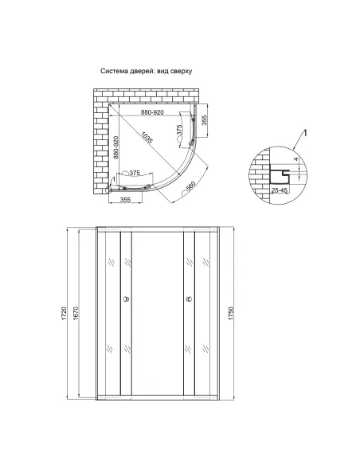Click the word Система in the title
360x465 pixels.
[x=114, y=71]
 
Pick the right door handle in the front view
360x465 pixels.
[x=188, y=300]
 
